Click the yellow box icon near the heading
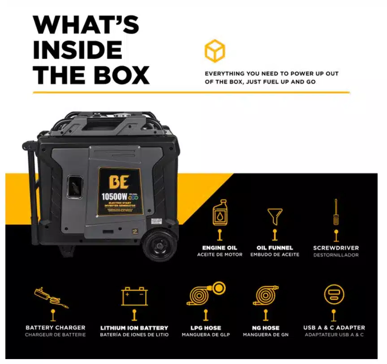click(215, 51)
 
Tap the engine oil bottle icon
click(219, 212)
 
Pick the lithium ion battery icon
click(134, 296)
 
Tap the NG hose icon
click(267, 295)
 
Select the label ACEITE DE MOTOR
click(219, 254)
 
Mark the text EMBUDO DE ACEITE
click(275, 254)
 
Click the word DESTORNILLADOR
click(336, 254)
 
